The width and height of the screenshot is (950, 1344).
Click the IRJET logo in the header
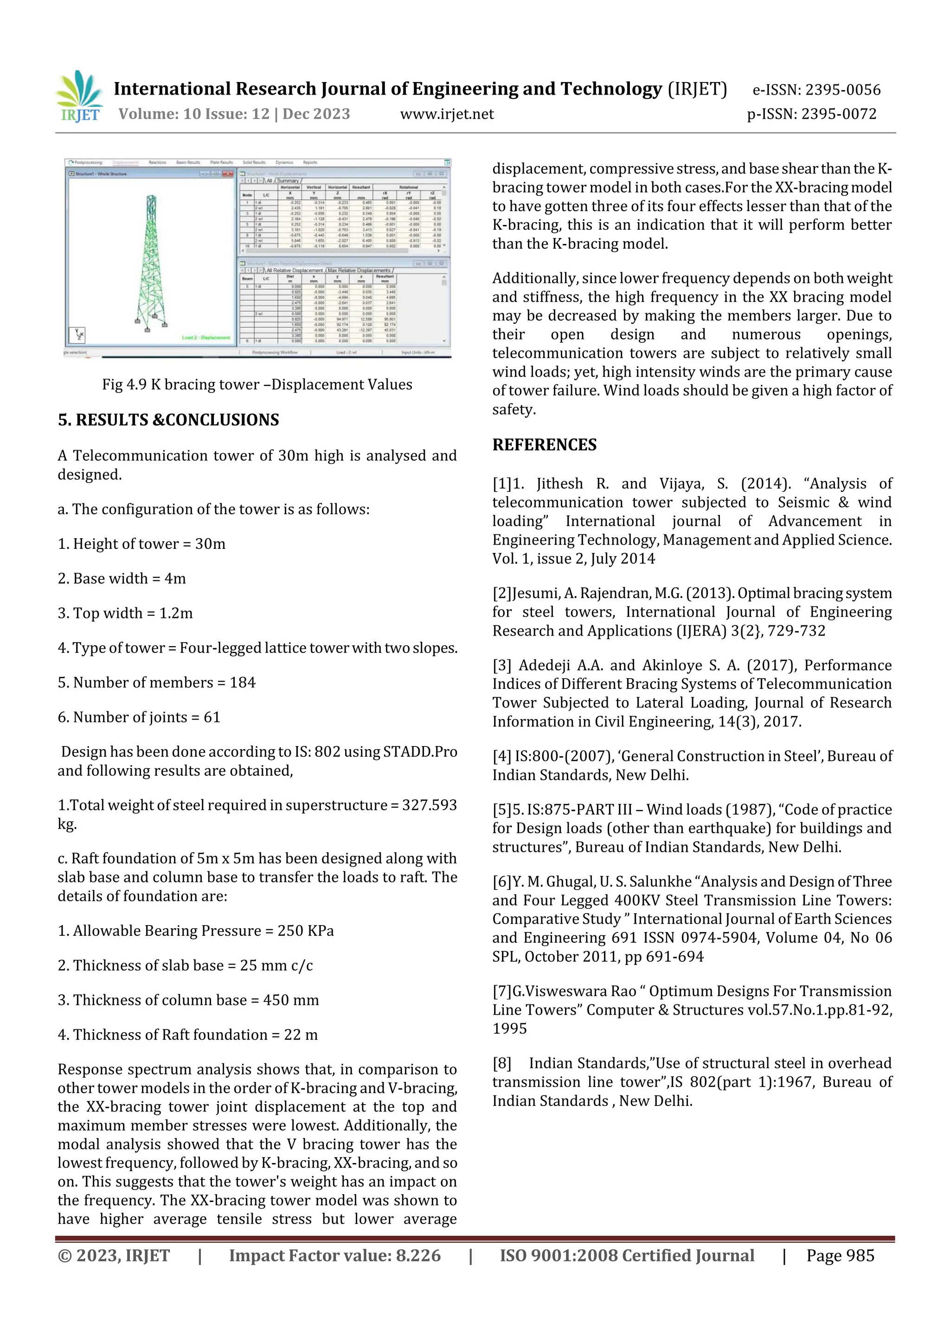tap(79, 96)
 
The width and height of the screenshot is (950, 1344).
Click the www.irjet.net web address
tap(447, 114)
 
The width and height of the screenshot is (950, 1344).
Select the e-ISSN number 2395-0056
tap(842, 90)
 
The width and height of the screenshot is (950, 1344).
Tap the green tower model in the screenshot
tap(150, 264)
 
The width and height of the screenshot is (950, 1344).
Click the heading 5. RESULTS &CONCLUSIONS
tap(168, 420)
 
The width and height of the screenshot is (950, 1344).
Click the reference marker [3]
tap(501, 666)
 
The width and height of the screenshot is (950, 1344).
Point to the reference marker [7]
tap(501, 991)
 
